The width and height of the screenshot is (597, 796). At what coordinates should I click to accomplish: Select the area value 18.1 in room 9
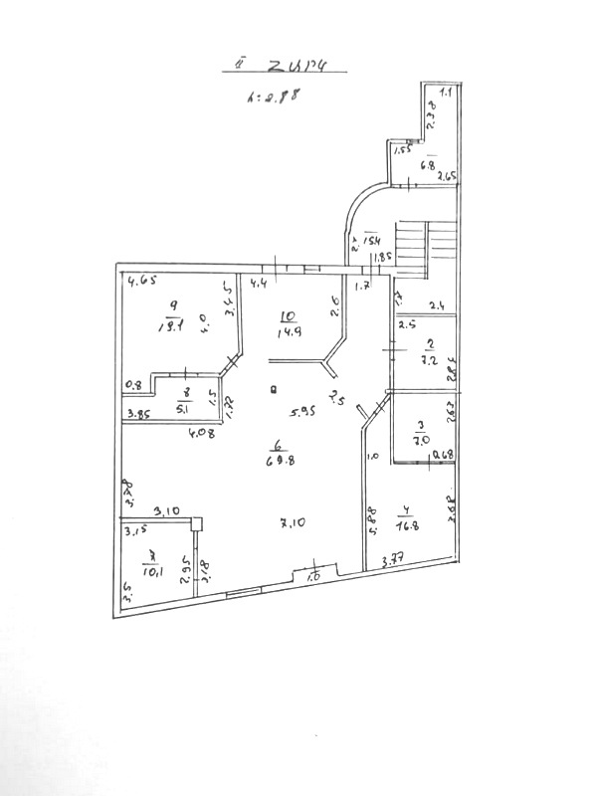[171, 323]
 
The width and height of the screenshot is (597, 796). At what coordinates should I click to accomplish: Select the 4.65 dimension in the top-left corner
[142, 282]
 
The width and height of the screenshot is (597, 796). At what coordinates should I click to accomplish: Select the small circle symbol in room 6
[273, 390]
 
